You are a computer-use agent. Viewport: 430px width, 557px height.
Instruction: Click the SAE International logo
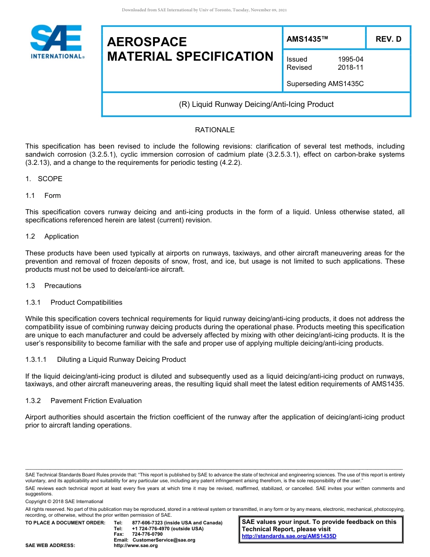click(57, 42)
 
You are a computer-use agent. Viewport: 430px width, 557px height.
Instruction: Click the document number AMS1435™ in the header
click(307, 39)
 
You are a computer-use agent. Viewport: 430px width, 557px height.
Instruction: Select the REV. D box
click(388, 39)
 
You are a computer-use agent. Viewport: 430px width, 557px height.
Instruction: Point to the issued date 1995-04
click(350, 59)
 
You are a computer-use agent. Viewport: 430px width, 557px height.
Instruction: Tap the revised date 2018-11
click(350, 67)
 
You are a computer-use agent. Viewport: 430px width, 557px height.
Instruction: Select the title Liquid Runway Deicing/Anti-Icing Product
click(256, 104)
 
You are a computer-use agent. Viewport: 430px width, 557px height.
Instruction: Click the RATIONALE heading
click(215, 130)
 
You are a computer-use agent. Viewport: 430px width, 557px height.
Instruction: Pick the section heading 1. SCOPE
click(44, 179)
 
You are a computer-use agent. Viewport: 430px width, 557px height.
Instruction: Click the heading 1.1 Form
click(43, 196)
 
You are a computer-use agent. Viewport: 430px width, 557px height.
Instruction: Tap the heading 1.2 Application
click(52, 236)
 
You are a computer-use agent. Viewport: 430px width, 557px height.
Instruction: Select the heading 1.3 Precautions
click(53, 286)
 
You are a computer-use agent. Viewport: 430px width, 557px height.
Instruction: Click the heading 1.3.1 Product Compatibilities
click(74, 303)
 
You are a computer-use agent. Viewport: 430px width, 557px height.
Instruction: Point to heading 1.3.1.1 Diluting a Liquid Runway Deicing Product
click(105, 360)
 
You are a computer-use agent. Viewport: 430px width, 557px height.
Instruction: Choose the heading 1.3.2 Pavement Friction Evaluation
click(83, 401)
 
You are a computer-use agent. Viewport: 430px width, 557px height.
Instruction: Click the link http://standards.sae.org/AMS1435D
click(289, 536)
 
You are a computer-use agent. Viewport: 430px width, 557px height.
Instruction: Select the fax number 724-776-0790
click(147, 534)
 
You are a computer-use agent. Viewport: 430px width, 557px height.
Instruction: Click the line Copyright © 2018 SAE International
click(64, 501)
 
